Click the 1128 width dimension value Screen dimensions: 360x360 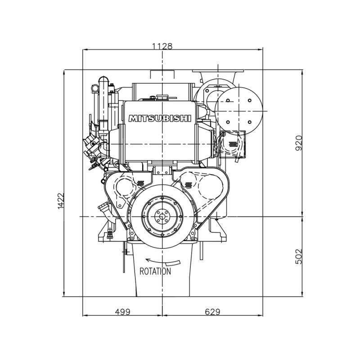tap(162, 46)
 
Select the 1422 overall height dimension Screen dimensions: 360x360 tap(61, 201)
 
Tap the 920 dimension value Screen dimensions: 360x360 tap(299, 143)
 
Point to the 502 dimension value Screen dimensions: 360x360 tap(299, 256)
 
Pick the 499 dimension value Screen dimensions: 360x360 tap(122, 312)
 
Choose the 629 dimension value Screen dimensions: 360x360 tap(212, 312)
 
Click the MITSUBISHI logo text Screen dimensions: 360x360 tap(160, 118)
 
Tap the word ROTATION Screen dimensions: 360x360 tap(155, 271)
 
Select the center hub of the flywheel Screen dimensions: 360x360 tap(162, 216)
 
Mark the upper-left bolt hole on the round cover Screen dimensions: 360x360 tap(228, 100)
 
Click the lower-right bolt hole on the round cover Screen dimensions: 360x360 tap(250, 122)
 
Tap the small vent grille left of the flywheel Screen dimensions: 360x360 tap(140, 183)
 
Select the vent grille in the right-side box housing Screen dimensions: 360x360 tap(233, 144)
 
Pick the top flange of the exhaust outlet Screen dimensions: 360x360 tap(218, 71)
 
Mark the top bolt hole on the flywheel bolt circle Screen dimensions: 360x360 tap(162, 198)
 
